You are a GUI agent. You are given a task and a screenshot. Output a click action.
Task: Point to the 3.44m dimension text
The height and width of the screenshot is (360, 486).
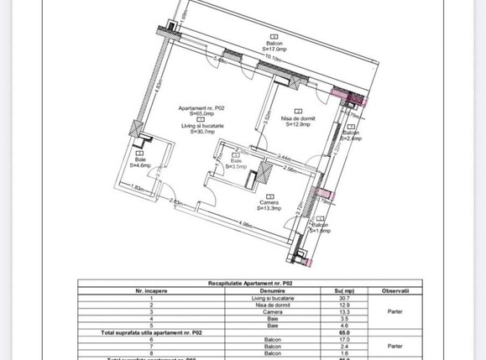coord(285,156)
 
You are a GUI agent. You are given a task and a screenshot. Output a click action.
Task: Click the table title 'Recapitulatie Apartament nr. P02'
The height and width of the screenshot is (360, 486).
coord(243,285)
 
